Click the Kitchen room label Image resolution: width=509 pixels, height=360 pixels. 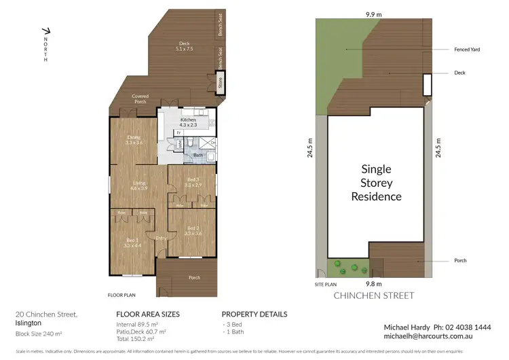188,122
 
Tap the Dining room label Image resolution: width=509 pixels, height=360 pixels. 133,140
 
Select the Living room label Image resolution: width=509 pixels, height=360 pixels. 139,185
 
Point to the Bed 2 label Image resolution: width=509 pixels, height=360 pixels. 193,230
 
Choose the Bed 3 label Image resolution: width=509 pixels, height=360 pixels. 193,182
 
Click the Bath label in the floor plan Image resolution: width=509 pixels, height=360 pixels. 197,156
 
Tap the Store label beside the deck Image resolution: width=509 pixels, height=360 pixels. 219,84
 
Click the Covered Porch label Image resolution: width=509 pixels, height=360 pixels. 140,99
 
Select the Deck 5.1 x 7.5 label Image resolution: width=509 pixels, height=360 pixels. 184,46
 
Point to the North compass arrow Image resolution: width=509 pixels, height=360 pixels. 45,31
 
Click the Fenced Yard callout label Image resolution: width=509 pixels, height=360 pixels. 467,50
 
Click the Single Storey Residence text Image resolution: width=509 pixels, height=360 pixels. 376,183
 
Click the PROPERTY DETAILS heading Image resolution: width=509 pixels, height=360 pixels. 254,314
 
